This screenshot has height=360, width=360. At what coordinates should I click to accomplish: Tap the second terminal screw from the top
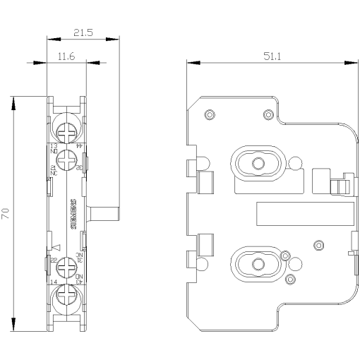tap(67, 160)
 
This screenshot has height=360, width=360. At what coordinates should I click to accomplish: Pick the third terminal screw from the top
tap(67, 269)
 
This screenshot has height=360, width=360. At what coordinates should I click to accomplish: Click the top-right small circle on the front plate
tap(266, 114)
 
